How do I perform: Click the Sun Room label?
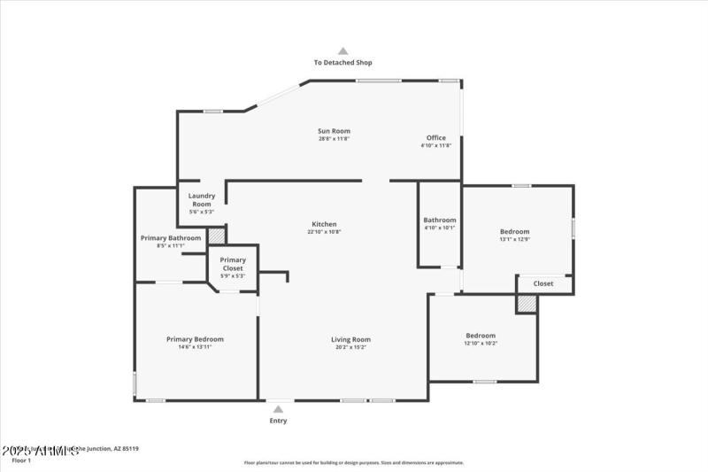click(x=335, y=131)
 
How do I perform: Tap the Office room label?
click(x=436, y=137)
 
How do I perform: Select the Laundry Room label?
click(x=202, y=199)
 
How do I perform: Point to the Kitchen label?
click(x=324, y=224)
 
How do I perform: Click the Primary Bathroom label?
click(x=171, y=237)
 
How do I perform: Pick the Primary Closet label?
click(x=233, y=264)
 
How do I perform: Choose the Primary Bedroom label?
click(x=195, y=338)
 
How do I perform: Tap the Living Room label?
click(x=350, y=339)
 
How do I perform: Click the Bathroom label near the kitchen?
click(x=440, y=220)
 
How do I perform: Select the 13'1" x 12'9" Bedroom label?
click(x=514, y=231)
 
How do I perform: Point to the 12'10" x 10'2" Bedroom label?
click(x=481, y=336)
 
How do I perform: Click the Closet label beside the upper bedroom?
click(x=543, y=283)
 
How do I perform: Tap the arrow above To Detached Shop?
click(x=343, y=51)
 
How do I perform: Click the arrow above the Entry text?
click(x=278, y=409)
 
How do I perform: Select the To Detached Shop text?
click(x=343, y=63)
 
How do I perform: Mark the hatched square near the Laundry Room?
click(x=217, y=236)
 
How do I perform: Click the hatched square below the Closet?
click(x=527, y=303)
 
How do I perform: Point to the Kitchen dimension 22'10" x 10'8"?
click(x=324, y=232)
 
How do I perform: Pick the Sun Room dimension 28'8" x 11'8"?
click(x=335, y=139)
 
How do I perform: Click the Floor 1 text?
click(x=20, y=460)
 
